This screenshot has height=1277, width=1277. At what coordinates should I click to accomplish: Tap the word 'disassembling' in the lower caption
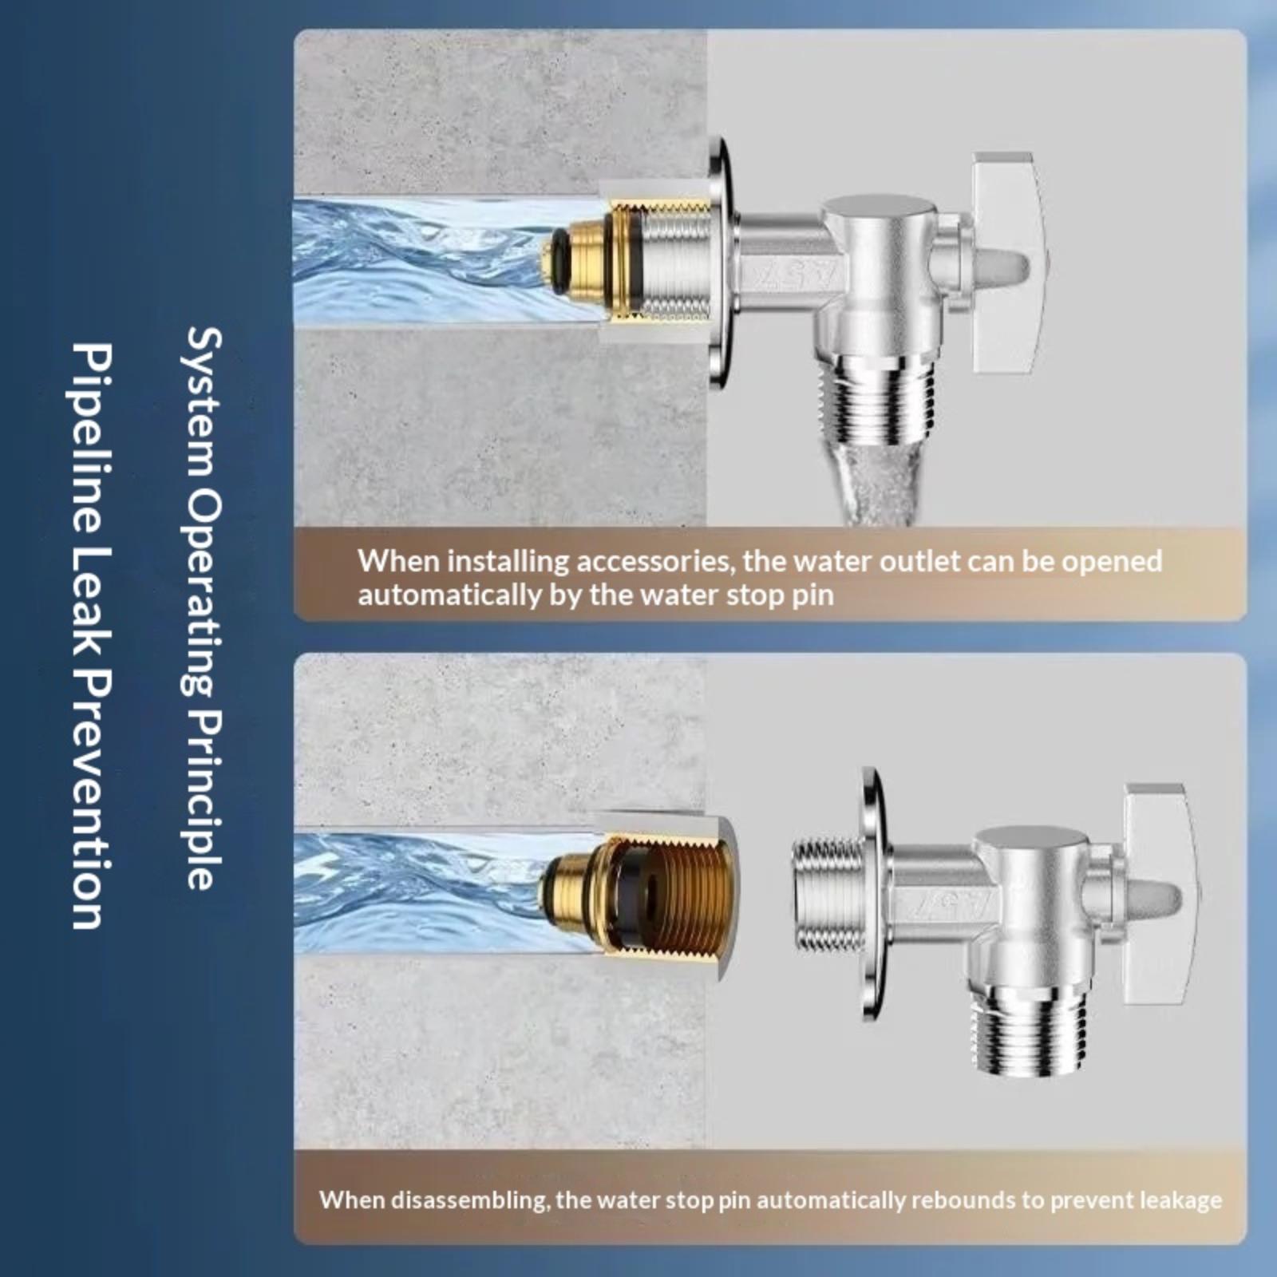coord(467,1200)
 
